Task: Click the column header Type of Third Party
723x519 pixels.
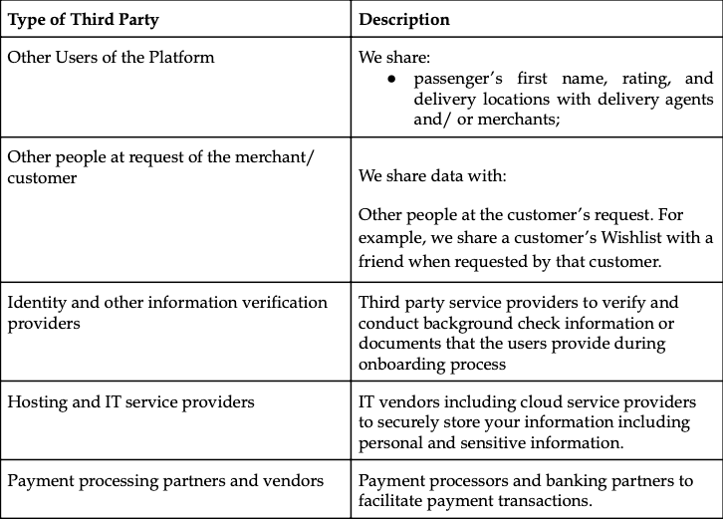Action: [84, 19]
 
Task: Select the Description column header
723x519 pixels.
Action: [404, 19]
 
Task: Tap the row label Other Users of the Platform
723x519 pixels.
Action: [112, 57]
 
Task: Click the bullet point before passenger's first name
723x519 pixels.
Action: [391, 80]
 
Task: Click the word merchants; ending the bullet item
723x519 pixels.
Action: [519, 119]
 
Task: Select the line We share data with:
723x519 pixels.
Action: [432, 175]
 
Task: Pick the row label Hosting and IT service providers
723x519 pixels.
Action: [130, 401]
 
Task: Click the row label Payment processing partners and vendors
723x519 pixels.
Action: [165, 481]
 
